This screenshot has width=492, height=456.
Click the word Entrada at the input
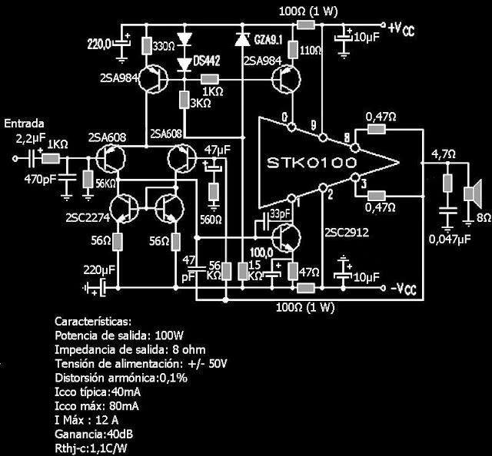tap(25, 124)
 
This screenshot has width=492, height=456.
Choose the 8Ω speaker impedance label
tap(483, 218)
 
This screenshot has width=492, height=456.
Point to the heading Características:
tap(94, 321)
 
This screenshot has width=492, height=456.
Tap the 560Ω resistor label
tap(212, 220)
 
